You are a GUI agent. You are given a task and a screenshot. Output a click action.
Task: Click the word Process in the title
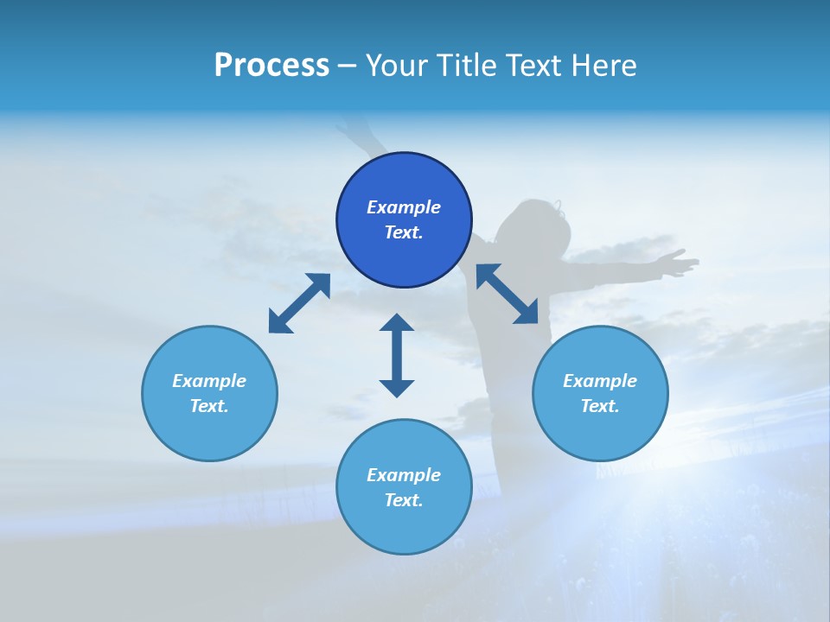pyautogui.click(x=271, y=66)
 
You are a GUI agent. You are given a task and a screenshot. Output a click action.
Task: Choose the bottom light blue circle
pyautogui.click(x=404, y=527)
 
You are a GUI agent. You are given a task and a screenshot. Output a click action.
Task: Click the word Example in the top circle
pyautogui.click(x=404, y=207)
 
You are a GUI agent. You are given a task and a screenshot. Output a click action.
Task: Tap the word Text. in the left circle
pyautogui.click(x=209, y=406)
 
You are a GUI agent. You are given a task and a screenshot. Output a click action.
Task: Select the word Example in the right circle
pyautogui.click(x=600, y=381)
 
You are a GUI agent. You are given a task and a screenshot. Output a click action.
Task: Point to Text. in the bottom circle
pyautogui.click(x=404, y=500)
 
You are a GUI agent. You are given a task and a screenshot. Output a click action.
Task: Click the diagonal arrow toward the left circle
pyautogui.click(x=299, y=303)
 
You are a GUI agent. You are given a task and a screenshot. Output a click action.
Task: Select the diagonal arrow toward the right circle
pyautogui.click(x=508, y=294)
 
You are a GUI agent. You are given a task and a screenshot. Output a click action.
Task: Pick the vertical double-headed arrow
pyautogui.click(x=397, y=355)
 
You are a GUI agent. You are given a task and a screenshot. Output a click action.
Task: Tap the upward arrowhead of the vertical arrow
pyautogui.click(x=397, y=323)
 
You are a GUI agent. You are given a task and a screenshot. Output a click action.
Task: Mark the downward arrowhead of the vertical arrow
pyautogui.click(x=397, y=388)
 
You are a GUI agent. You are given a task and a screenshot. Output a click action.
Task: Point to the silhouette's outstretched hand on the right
pyautogui.click(x=679, y=262)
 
